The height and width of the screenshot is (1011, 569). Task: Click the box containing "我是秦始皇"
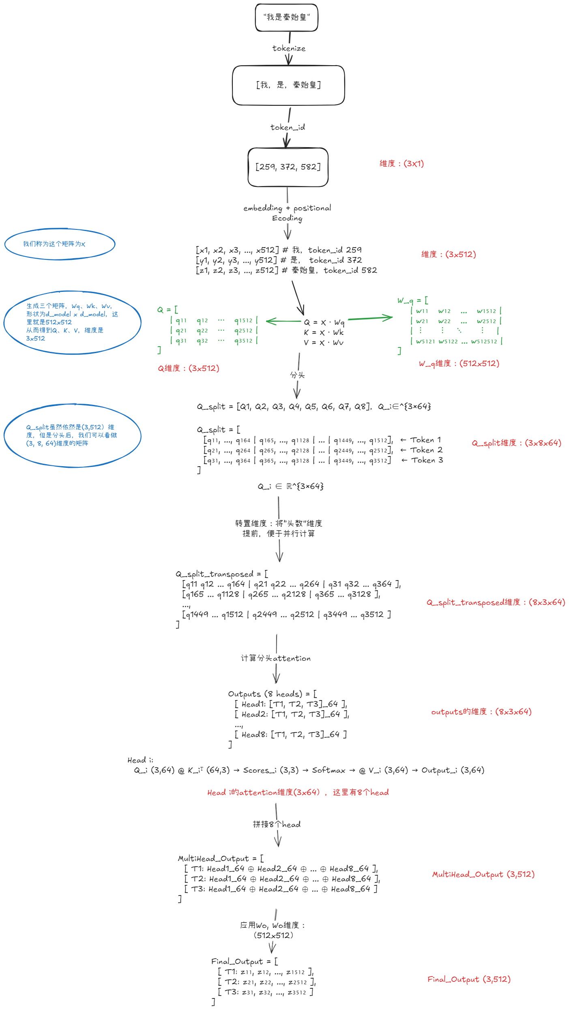[286, 17]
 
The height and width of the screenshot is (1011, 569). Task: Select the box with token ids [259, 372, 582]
[288, 167]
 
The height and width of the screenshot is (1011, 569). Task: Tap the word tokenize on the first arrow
[289, 48]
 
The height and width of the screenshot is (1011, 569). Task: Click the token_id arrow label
[288, 127]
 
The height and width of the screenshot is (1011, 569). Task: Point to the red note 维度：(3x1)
[402, 164]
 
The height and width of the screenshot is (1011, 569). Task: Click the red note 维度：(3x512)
[448, 255]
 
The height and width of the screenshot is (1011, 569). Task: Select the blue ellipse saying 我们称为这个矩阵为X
[60, 244]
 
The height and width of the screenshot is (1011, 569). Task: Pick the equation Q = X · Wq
[324, 322]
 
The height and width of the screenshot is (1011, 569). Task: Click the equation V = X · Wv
[324, 343]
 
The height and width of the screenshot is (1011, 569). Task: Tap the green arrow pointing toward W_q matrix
[370, 318]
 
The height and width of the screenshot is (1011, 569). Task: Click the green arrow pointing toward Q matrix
[283, 321]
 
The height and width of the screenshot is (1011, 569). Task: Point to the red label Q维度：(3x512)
[189, 368]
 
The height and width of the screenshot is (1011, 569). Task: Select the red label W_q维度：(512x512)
[459, 364]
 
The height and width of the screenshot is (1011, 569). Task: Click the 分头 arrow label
[297, 375]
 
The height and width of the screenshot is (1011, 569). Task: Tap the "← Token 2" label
[421, 450]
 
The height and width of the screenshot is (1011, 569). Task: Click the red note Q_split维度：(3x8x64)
[516, 443]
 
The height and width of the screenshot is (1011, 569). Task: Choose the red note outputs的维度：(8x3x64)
[481, 712]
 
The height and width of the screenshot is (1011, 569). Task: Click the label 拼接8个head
[277, 825]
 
